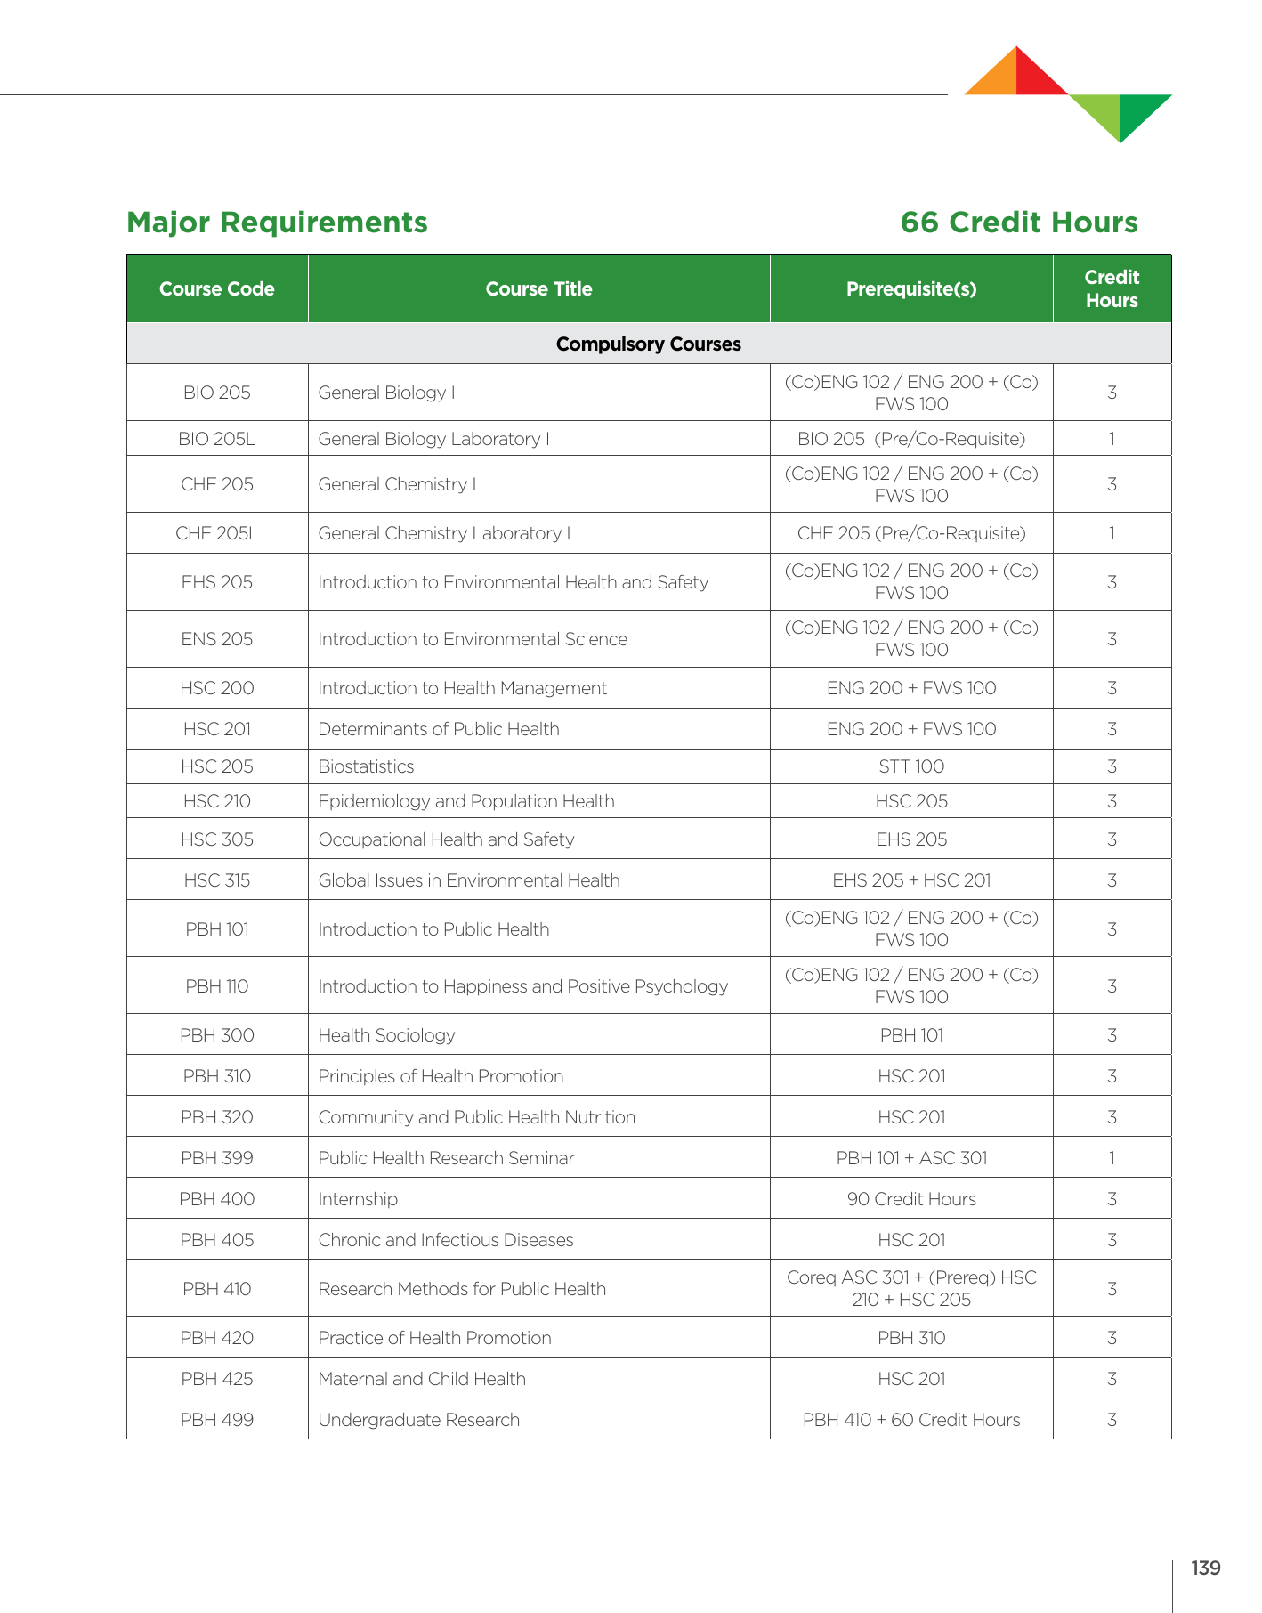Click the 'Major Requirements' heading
coord(277,223)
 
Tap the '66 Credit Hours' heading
coord(1019,223)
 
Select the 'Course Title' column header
coord(538,289)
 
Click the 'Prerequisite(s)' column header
coord(911,289)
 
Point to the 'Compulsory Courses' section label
coord(648,344)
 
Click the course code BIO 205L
coord(217,439)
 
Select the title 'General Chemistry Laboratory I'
coord(444,533)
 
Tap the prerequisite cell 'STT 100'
coord(911,766)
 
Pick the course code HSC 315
coord(217,880)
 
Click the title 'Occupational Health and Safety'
coord(446,839)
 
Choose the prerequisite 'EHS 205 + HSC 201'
coord(911,880)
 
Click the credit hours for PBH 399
coord(1112,1158)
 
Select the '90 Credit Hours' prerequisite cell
coord(911,1199)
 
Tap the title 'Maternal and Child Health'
coord(422,1379)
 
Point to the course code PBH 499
coord(217,1420)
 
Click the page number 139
coord(1205,1568)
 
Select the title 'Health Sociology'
coord(386,1035)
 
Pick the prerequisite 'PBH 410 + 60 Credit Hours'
coord(911,1420)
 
